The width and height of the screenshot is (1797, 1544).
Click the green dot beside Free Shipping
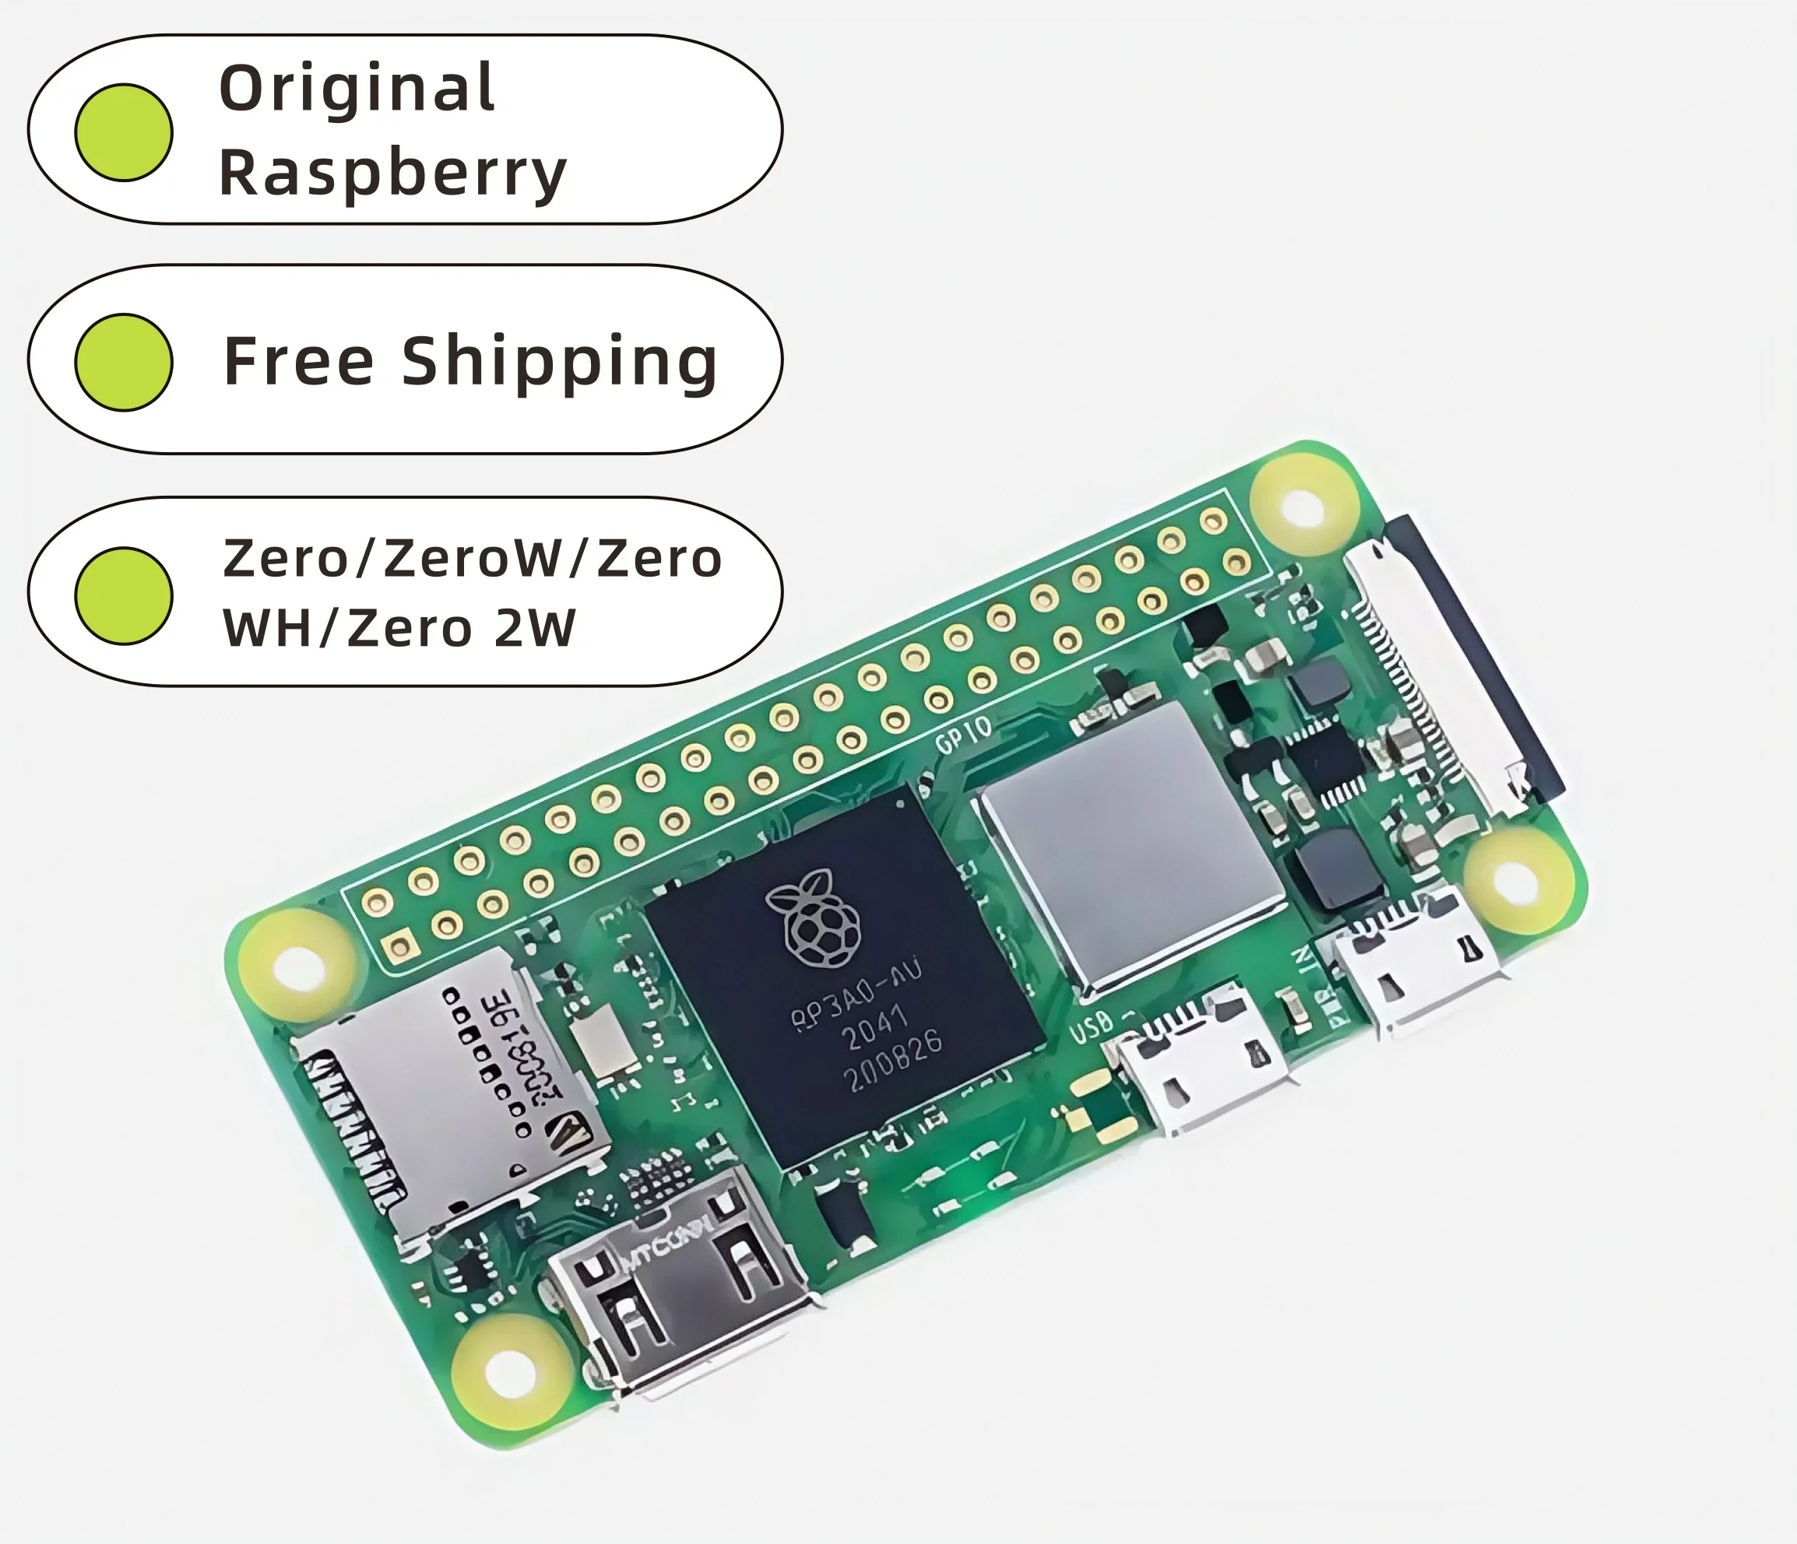click(x=124, y=363)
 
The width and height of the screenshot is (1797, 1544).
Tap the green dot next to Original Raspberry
click(x=124, y=132)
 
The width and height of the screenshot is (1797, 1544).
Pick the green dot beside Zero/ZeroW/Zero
click(x=124, y=595)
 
